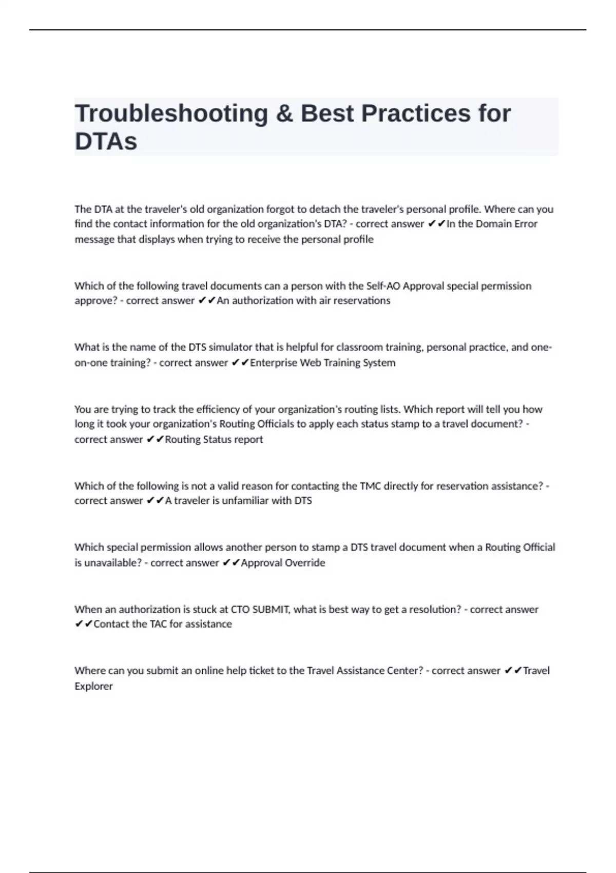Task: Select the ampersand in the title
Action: (x=284, y=113)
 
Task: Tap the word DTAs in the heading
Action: (x=106, y=141)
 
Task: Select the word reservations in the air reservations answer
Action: (x=362, y=300)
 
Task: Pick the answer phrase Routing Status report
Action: (x=214, y=440)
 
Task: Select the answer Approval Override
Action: (x=283, y=563)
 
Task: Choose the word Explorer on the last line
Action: (x=93, y=686)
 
